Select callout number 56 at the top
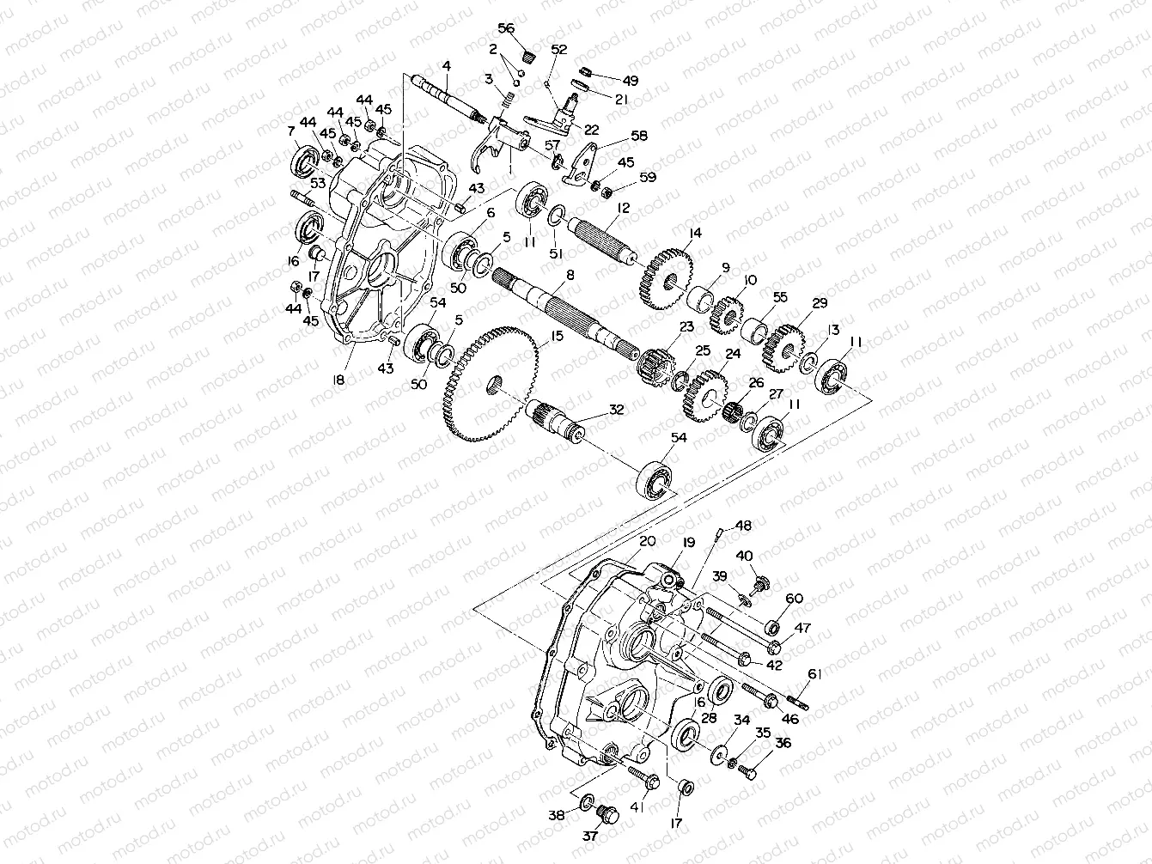click(506, 28)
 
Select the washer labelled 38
click(585, 801)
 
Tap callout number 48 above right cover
click(743, 525)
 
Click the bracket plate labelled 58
click(583, 163)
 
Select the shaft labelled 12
click(601, 240)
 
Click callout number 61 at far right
click(814, 674)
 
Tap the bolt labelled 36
click(747, 773)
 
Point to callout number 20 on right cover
click(648, 541)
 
